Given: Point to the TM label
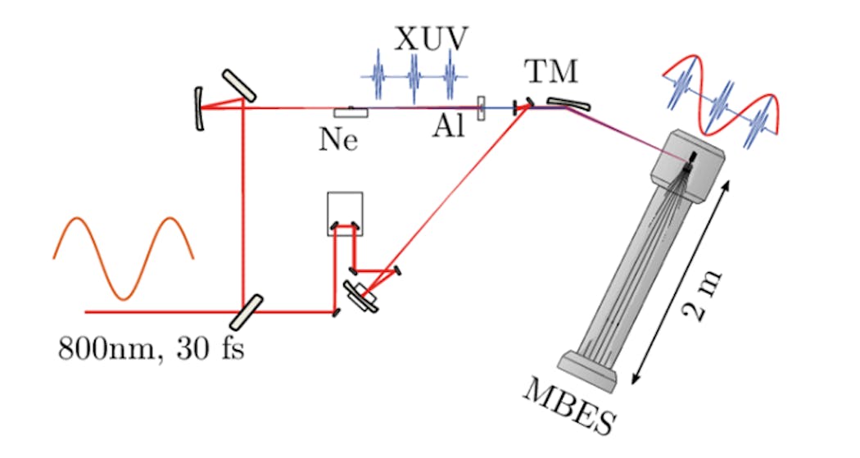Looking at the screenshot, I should [550, 74].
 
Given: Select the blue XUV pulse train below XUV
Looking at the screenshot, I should [414, 77].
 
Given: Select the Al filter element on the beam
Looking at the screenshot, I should [482, 107].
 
